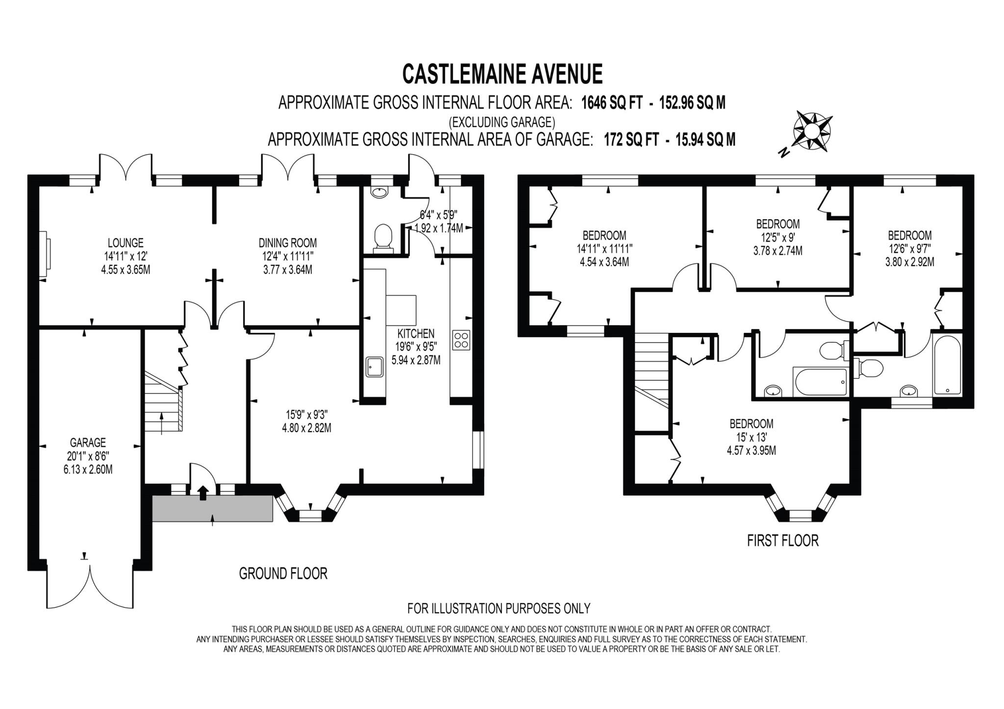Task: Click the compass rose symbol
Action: coord(812,130)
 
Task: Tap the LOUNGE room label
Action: coord(125,243)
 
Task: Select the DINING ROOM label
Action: coord(288,243)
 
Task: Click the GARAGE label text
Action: coord(88,443)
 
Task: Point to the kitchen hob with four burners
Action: coord(461,340)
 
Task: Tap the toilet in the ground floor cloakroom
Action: coord(383,239)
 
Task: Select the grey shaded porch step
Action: coord(212,508)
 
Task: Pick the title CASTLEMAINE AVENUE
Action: coord(502,74)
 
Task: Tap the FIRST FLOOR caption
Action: coord(782,540)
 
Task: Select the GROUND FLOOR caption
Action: coord(283,573)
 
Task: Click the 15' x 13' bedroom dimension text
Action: coord(751,437)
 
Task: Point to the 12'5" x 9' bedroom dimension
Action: coord(778,237)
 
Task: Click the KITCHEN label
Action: coord(416,334)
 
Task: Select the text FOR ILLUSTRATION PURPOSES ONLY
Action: coord(499,608)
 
